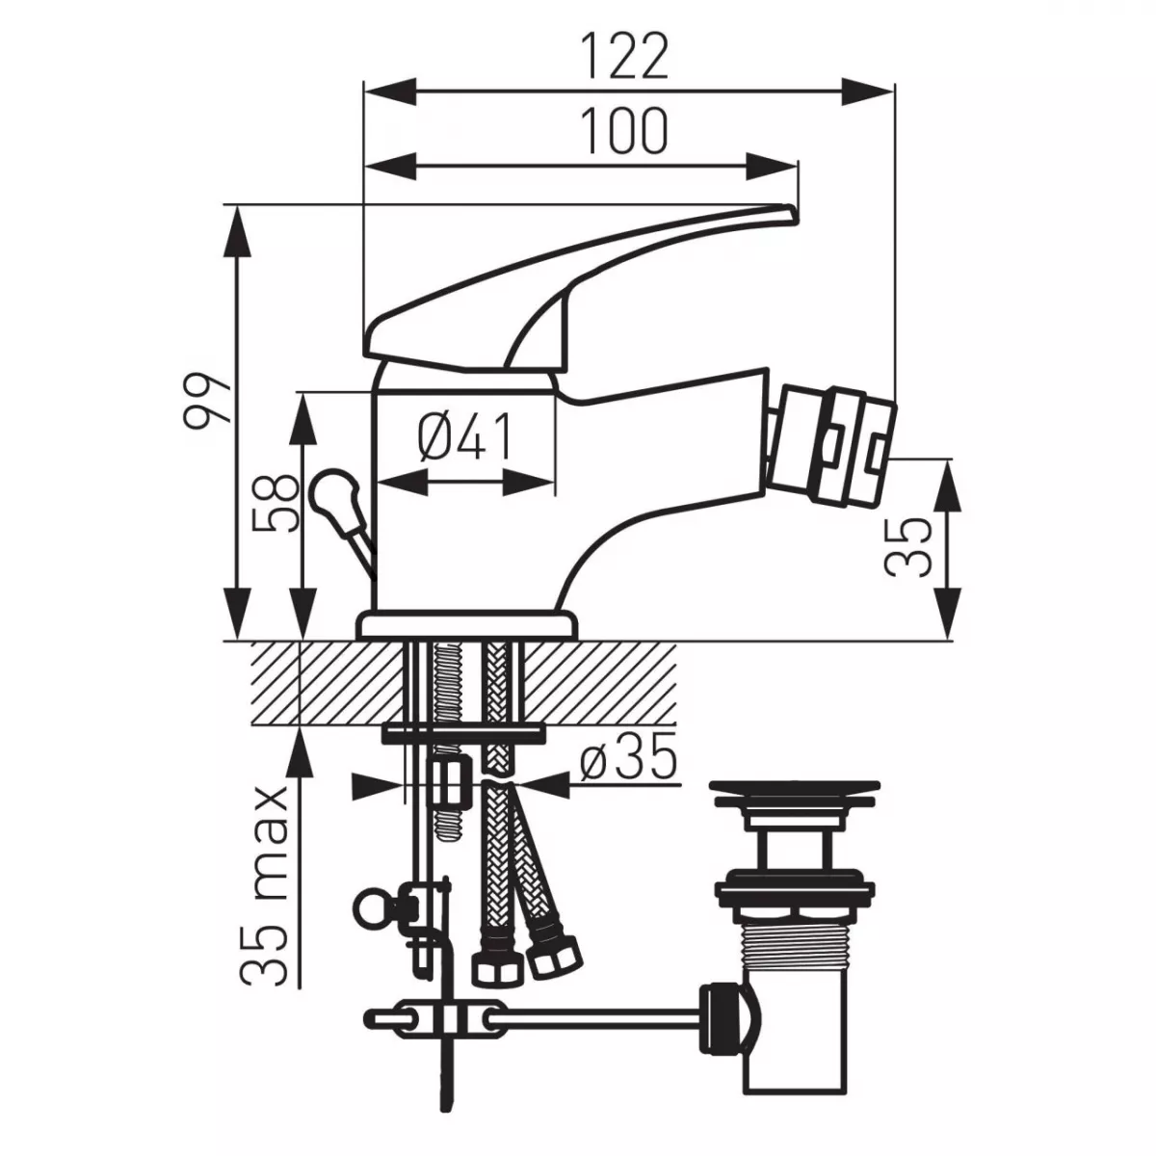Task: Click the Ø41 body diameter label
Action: tap(465, 438)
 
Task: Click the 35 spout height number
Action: tap(909, 546)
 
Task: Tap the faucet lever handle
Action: tap(578, 279)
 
